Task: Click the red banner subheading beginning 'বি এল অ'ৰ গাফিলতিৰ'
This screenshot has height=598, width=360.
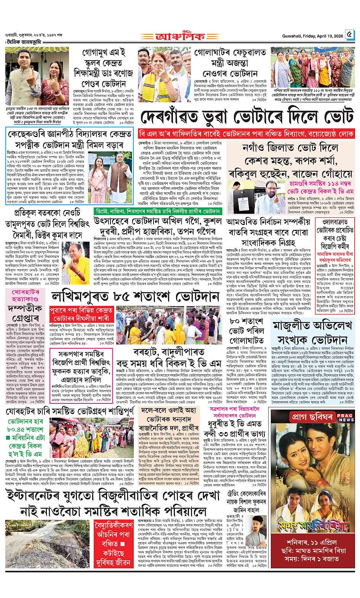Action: click(x=246, y=134)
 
